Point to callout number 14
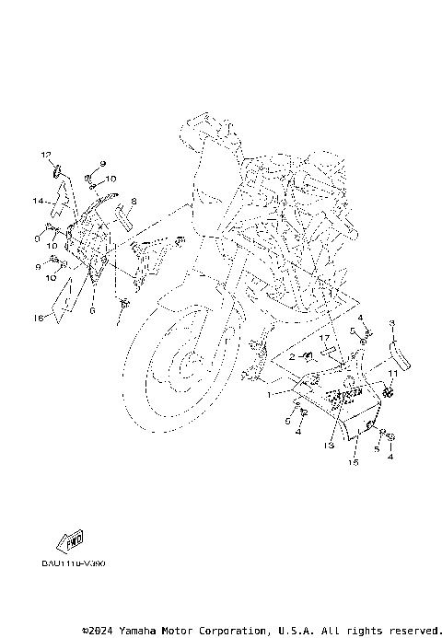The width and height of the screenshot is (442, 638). tap(40, 200)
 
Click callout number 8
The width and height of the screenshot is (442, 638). tap(134, 200)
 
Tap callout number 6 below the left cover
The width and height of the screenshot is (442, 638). tap(92, 311)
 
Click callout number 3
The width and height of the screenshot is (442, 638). tap(391, 323)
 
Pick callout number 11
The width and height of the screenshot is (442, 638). tap(391, 373)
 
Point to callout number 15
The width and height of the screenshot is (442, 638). tap(352, 463)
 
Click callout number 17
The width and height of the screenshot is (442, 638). tap(323, 338)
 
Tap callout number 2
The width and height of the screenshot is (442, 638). tap(291, 355)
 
